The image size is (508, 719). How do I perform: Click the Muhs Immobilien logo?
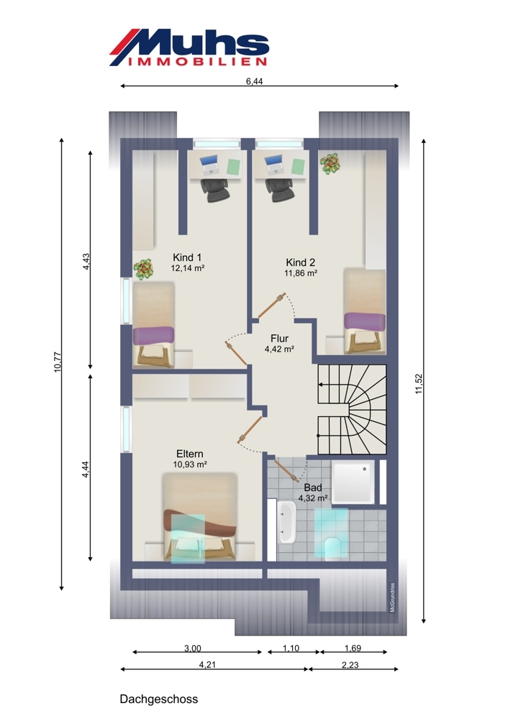189,47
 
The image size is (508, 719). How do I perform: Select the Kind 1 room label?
187,257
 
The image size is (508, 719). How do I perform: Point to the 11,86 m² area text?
301,273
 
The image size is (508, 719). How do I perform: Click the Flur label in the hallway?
279,339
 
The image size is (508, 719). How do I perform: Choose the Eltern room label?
189,454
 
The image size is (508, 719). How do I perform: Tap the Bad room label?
313,487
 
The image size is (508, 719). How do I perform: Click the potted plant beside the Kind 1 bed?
144,269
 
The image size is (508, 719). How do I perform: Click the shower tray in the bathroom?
353,482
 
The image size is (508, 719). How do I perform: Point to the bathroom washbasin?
286,522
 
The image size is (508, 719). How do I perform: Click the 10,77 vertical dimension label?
58,362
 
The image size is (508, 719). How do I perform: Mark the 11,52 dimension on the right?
419,384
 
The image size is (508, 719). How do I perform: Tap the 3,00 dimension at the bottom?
193,649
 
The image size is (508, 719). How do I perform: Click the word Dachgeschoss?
159,699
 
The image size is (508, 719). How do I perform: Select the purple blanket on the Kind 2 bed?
365,321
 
